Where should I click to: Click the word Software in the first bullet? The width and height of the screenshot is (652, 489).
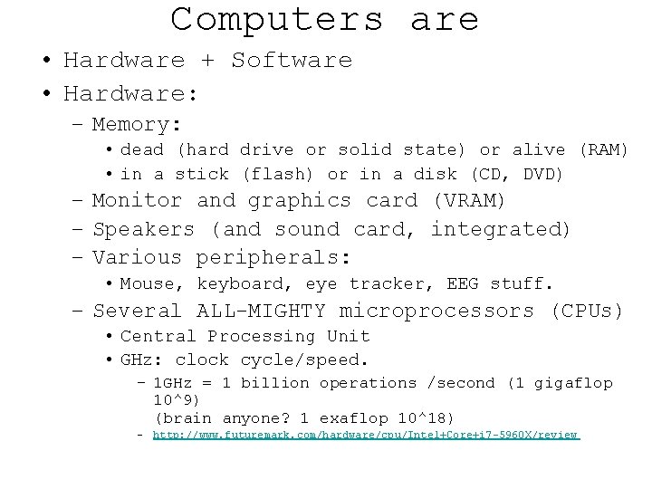(x=292, y=61)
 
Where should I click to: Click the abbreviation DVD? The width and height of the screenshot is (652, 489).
(x=541, y=174)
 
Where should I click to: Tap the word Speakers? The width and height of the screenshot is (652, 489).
(x=144, y=230)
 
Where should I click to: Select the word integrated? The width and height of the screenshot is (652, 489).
(x=500, y=230)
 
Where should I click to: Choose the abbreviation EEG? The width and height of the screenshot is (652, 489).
(x=462, y=284)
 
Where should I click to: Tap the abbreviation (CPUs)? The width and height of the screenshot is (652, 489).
(x=587, y=312)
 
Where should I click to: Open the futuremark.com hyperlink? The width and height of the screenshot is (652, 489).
(x=365, y=436)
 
